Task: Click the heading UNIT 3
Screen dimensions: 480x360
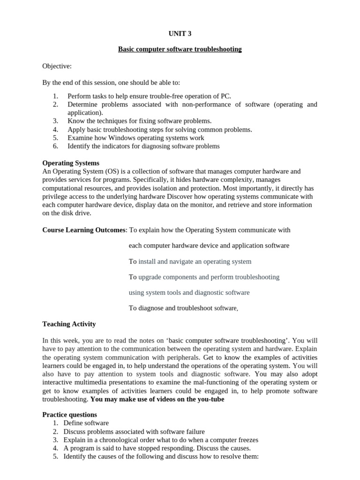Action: click(180, 33)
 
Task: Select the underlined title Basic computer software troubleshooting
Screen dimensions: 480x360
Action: click(180, 49)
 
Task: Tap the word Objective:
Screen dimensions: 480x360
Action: click(57, 67)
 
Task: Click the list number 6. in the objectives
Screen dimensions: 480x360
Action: click(55, 146)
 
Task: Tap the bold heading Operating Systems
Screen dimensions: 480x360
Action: click(71, 163)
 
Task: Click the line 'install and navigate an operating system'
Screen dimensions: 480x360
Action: click(195, 261)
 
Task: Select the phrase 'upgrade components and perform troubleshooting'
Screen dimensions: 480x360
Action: click(209, 277)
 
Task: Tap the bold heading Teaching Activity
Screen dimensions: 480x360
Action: click(69, 324)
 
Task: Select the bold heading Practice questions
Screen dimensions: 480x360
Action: click(70, 415)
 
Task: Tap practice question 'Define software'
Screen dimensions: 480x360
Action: click(86, 423)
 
